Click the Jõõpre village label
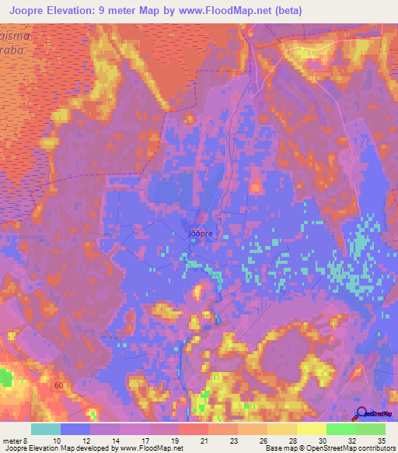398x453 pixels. pos(201,232)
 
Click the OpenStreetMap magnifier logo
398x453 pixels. pos(362,413)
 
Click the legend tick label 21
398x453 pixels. pos(206,440)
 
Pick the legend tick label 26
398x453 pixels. pos(265,440)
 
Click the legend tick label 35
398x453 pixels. pos(380,440)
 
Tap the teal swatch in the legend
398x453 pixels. pos(46,429)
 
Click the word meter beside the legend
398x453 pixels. pos(13,440)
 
